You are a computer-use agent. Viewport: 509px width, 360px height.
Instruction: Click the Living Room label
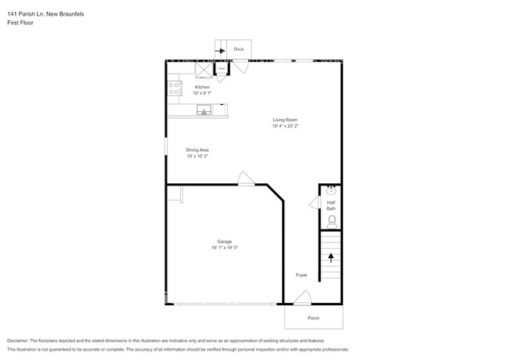coord(285,120)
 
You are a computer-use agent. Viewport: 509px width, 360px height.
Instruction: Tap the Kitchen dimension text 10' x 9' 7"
coord(202,93)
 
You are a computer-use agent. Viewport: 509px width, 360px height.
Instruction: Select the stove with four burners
coord(174,88)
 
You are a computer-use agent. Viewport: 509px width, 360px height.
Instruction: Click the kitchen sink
coord(205,110)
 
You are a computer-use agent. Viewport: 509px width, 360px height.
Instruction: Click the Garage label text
coord(224,241)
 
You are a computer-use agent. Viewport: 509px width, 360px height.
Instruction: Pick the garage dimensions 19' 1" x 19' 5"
coord(224,247)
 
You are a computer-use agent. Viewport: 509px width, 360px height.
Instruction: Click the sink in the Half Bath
coord(330,190)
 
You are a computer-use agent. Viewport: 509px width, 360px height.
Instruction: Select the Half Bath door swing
coord(315,203)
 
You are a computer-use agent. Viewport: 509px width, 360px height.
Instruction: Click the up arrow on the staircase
coord(330,257)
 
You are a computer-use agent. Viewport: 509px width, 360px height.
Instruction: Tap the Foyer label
coord(301,275)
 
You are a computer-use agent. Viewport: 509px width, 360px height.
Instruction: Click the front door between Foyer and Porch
coord(302,298)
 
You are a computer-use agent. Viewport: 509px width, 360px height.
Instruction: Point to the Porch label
coord(313,318)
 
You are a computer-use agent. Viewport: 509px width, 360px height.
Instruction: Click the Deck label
coord(239,49)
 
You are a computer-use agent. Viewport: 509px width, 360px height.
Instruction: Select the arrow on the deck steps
coord(221,49)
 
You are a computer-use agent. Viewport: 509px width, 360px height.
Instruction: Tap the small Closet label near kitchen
coord(222,70)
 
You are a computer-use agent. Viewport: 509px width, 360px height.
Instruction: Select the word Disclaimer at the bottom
coord(20,341)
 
